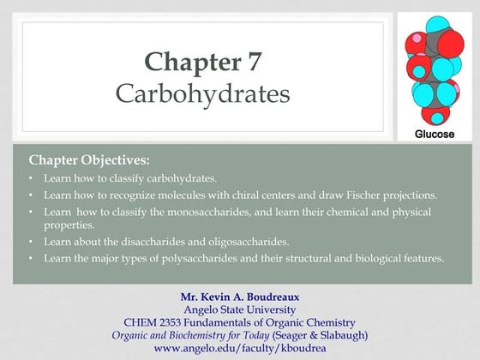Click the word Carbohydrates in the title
coord(202,93)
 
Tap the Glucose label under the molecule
coord(435,135)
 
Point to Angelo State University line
coord(240,309)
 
